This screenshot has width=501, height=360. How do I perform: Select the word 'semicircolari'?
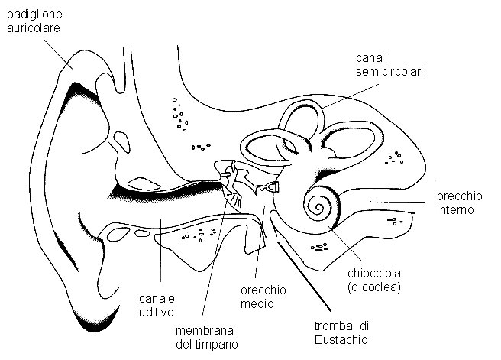pos(389,72)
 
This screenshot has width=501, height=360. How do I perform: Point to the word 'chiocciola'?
pos(373,274)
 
